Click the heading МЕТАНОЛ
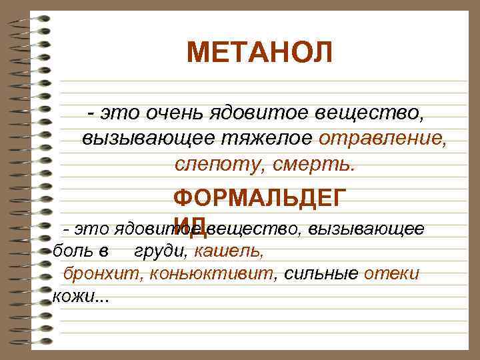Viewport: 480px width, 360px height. click(x=259, y=52)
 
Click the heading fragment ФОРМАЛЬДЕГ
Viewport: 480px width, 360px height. click(x=259, y=198)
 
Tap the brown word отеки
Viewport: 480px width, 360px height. click(x=391, y=273)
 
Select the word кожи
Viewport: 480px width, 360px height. click(x=71, y=295)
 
